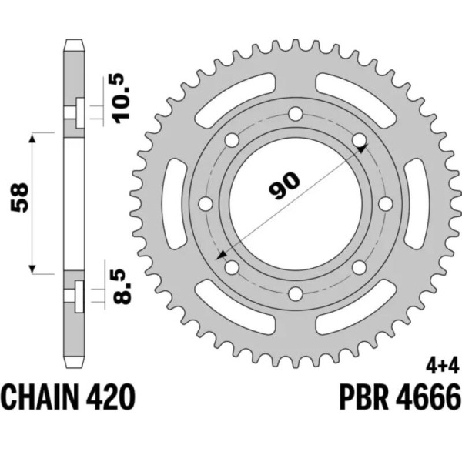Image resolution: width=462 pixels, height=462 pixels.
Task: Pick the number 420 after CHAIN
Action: [x=113, y=399]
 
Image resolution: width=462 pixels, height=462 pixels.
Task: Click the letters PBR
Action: [x=363, y=399]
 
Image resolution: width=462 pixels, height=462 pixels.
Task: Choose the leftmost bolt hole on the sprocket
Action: [x=205, y=204]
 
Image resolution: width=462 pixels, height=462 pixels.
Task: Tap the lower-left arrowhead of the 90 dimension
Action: [x=223, y=254]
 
